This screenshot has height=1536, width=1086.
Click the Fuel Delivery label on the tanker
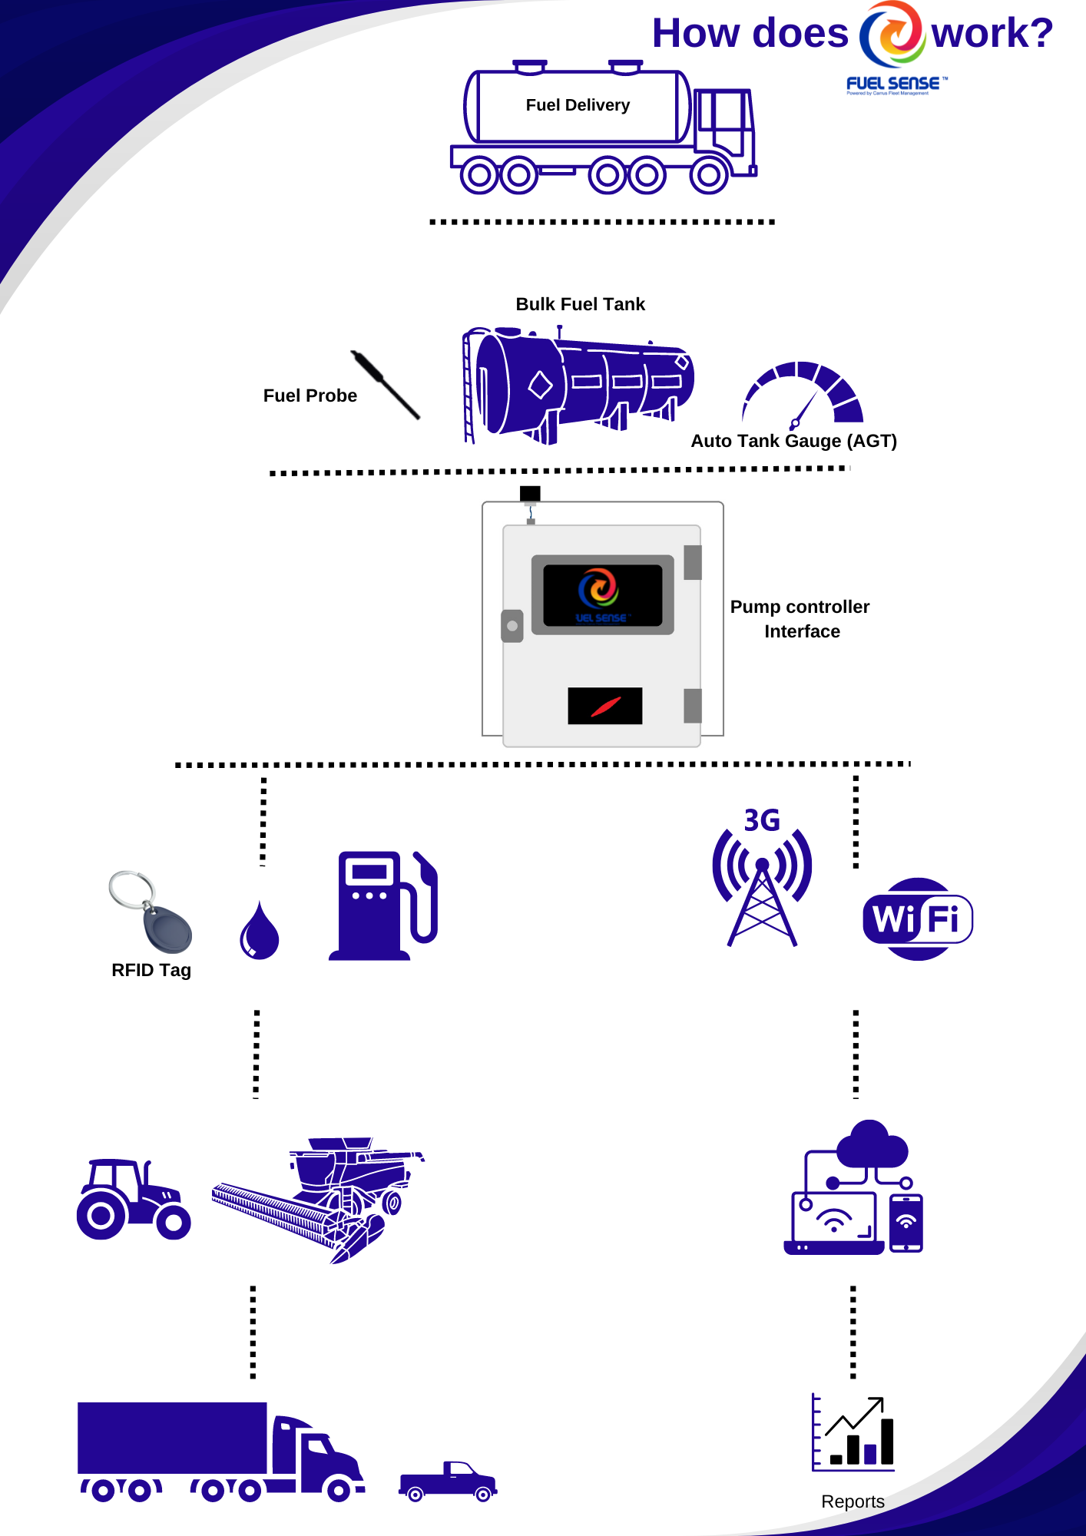(x=578, y=105)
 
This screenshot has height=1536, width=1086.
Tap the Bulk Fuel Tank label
(x=580, y=304)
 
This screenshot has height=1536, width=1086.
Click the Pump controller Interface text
(x=800, y=619)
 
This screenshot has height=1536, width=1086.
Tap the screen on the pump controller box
(x=602, y=595)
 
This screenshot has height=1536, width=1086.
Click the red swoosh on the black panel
(x=605, y=706)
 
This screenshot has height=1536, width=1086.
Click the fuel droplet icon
(x=260, y=932)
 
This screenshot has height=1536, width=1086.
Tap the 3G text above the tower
(x=762, y=821)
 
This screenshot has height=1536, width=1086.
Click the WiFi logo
(x=918, y=919)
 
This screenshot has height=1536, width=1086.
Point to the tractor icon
(x=133, y=1200)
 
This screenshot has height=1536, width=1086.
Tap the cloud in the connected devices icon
(x=872, y=1144)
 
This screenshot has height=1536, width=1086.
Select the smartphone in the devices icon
(x=906, y=1223)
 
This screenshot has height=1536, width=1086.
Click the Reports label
(x=853, y=1501)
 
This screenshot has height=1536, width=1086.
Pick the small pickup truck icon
(x=449, y=1481)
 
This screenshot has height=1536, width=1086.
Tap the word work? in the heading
(x=992, y=34)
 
